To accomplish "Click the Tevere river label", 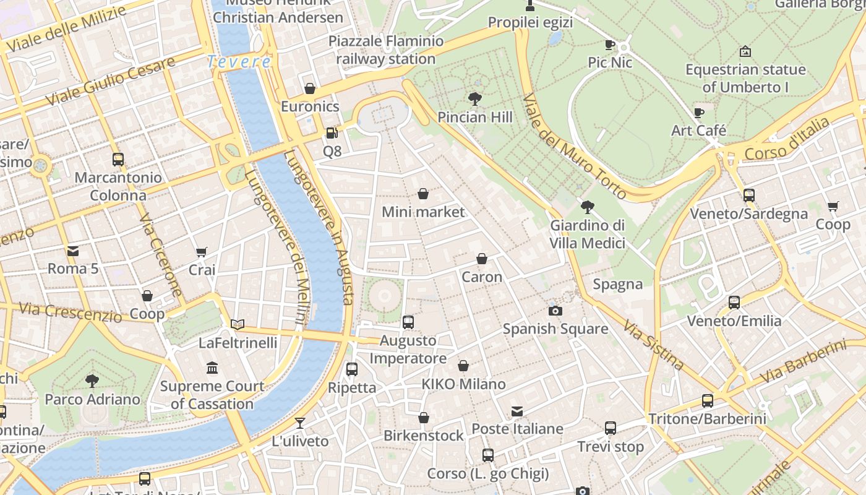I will pos(239,62).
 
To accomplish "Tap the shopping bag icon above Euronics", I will pos(310,88).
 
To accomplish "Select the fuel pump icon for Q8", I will pos(332,133).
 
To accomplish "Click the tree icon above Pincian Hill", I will pos(474,99).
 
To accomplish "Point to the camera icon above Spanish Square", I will pos(555,311).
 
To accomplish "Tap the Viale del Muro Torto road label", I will pos(574,146).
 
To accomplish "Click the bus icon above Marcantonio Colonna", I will pos(118,160).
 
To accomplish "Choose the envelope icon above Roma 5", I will pos(73,251).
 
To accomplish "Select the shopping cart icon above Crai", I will pos(202,252).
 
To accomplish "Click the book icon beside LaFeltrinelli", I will pos(238,324).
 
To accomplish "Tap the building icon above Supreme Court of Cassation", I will pos(212,368).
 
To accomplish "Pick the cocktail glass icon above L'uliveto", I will pos(300,423).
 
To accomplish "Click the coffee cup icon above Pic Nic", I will pos(609,45).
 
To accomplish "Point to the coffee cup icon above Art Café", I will pos(699,113).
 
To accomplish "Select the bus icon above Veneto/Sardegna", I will pos(748,196).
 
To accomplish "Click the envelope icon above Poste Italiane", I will pos(517,411).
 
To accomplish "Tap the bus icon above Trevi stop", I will pos(611,428).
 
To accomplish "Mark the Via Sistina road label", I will pos(653,345).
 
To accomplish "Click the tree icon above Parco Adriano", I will pos(92,381).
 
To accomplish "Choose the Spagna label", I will pos(617,284).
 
